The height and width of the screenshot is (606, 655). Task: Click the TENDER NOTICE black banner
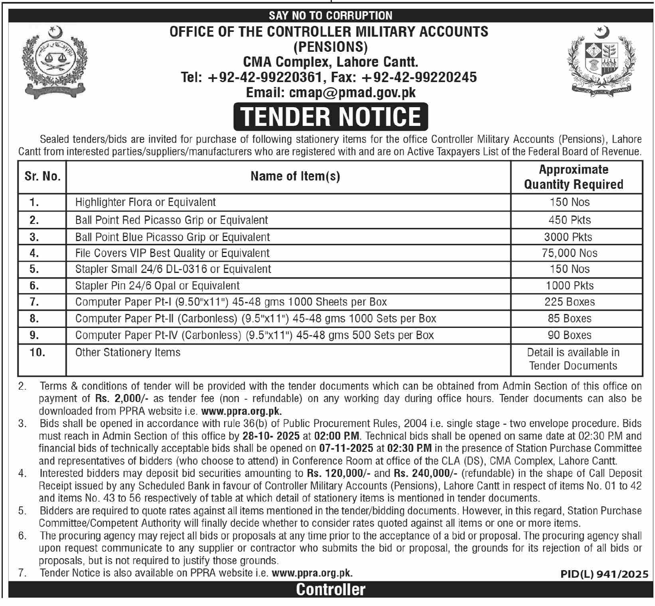point(331,116)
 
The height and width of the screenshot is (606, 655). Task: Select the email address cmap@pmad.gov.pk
point(331,92)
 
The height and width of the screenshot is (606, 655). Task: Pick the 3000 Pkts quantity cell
point(568,237)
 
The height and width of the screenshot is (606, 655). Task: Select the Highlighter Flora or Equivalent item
point(146,202)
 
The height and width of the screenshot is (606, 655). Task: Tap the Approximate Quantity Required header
point(573,177)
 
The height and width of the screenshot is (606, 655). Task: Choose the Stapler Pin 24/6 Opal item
point(158,286)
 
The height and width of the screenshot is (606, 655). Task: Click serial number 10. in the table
point(37,353)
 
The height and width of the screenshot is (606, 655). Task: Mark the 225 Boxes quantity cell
point(570,302)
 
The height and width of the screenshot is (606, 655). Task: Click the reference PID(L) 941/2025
point(604,574)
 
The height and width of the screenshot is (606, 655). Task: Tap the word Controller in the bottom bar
point(331,590)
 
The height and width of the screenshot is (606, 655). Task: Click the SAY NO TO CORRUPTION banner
point(331,16)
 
